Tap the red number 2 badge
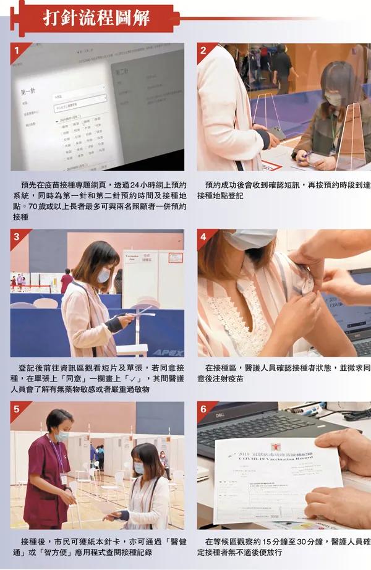pyautogui.click(x=203, y=49)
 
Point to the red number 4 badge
pyautogui.click(x=203, y=236)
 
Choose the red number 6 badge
pyautogui.click(x=203, y=408)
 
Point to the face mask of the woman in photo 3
pyautogui.click(x=103, y=276)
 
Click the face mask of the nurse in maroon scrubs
pyautogui.click(x=61, y=436)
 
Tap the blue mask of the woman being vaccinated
pyautogui.click(x=250, y=239)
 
